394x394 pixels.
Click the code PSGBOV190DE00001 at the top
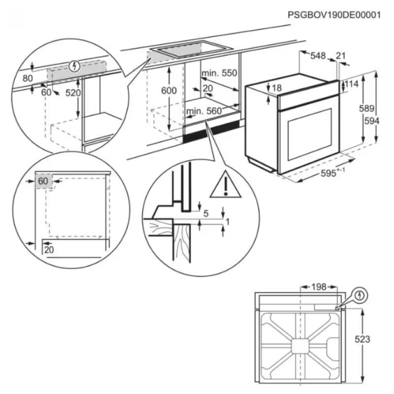coord(334,15)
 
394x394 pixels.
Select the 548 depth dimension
coord(318,56)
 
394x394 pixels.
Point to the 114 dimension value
coord(352,85)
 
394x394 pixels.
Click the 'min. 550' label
coord(219,73)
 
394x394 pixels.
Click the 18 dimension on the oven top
coord(276,88)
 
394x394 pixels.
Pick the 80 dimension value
coord(27,78)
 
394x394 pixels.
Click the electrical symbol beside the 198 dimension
coord(361,295)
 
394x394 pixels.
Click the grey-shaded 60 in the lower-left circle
coord(43,181)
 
